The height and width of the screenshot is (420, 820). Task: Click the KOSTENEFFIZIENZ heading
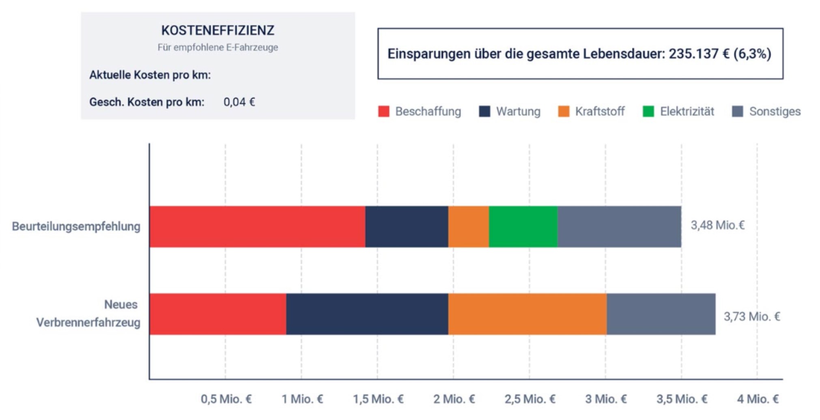click(x=217, y=30)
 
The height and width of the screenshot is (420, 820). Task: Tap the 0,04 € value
click(x=239, y=102)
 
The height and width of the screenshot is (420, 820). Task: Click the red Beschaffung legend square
click(x=383, y=111)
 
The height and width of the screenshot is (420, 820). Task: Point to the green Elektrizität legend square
click(x=648, y=111)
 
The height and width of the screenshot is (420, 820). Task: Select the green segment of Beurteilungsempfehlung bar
click(x=523, y=227)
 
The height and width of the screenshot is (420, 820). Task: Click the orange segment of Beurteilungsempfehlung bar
click(x=468, y=227)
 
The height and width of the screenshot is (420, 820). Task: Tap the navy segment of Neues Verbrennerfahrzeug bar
click(x=367, y=314)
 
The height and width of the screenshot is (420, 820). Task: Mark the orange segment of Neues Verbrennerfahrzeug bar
click(x=527, y=314)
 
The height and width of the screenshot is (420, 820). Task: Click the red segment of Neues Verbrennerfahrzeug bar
click(x=217, y=314)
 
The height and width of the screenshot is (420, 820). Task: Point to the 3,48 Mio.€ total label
click(x=717, y=225)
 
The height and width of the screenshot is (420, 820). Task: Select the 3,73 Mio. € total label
click(x=751, y=317)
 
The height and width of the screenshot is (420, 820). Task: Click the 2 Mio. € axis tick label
click(x=454, y=399)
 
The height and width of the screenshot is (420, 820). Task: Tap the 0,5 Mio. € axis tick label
click(x=226, y=399)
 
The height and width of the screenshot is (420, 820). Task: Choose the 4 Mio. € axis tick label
click(x=758, y=399)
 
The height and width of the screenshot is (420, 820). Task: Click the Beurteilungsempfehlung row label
click(x=76, y=227)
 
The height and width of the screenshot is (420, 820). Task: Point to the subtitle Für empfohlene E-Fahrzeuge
click(x=217, y=47)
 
